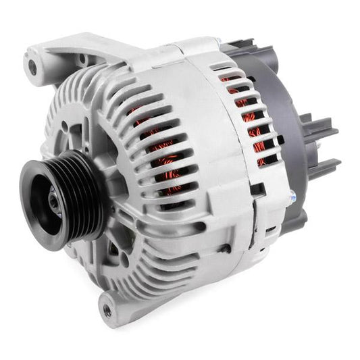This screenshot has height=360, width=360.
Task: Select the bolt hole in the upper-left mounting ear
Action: [x=30, y=66]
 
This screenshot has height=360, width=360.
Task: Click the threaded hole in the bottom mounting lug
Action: [x=106, y=311]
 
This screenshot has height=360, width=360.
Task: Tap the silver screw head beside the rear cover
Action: [x=292, y=197]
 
